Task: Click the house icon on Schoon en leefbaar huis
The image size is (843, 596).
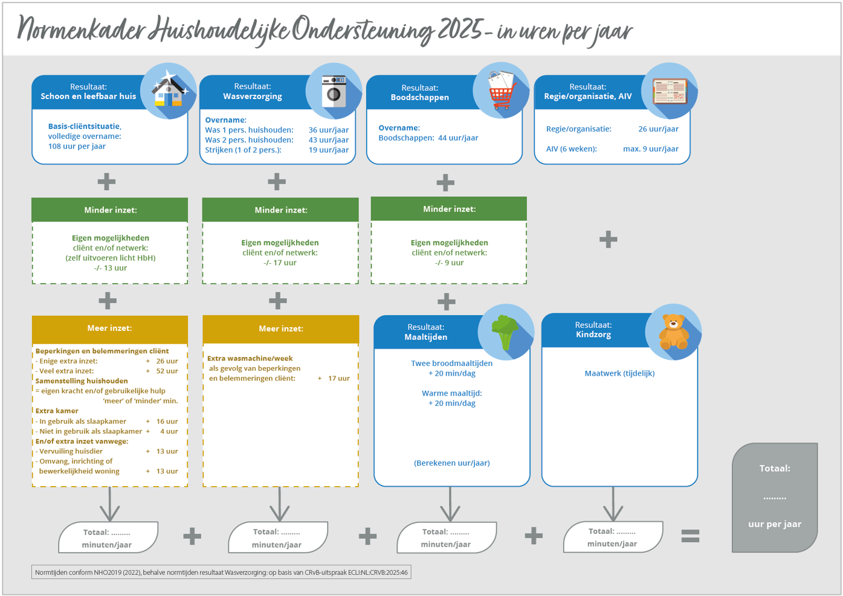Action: (x=169, y=92)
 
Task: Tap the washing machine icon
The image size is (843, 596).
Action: (x=334, y=92)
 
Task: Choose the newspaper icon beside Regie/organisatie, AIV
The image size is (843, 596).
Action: (x=670, y=92)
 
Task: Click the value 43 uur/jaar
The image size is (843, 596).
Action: (x=328, y=140)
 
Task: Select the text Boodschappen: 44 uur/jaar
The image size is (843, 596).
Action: (x=428, y=138)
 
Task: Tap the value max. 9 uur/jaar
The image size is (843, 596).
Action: (x=650, y=149)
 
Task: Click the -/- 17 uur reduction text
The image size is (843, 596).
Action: (x=280, y=263)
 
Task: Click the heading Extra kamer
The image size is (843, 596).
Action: (x=57, y=411)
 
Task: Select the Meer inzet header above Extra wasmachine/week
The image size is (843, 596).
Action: (x=280, y=329)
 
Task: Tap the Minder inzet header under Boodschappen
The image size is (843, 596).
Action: (x=449, y=209)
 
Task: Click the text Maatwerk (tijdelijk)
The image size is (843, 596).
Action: (x=619, y=374)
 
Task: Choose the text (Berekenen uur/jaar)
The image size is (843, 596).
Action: (x=451, y=463)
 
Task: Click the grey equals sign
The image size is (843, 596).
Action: (x=690, y=536)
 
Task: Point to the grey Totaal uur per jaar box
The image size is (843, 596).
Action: (x=775, y=498)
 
